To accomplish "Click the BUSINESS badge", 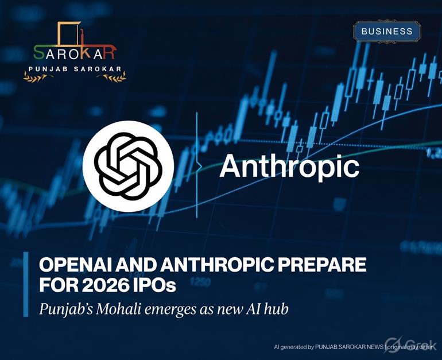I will [x=387, y=31].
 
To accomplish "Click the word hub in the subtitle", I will [x=275, y=308].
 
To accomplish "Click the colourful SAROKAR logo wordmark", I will [x=75, y=52].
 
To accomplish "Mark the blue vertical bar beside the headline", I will [x=26, y=284].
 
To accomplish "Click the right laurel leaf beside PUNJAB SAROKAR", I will [x=119, y=75].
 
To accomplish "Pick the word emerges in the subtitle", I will [x=173, y=309].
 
